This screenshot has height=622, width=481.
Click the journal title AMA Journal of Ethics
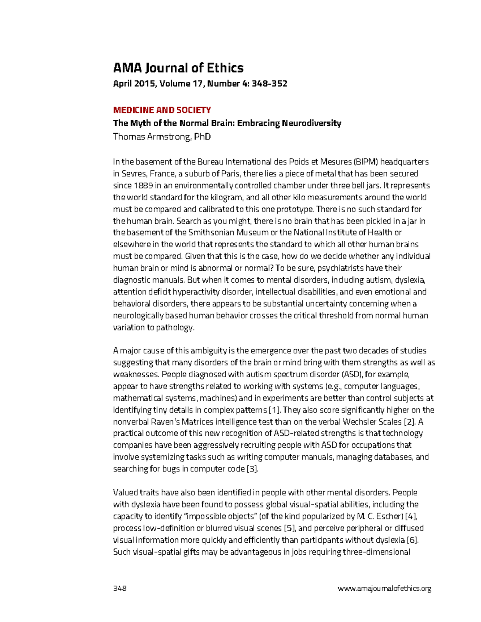tap(178, 68)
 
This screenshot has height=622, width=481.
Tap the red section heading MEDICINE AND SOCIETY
tap(162, 110)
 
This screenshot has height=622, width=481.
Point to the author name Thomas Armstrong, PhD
tap(162, 137)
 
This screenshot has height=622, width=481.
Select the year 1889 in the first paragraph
tap(143, 185)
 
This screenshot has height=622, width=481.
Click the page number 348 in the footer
tap(120, 588)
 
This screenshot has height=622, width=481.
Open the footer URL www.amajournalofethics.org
tap(384, 588)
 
